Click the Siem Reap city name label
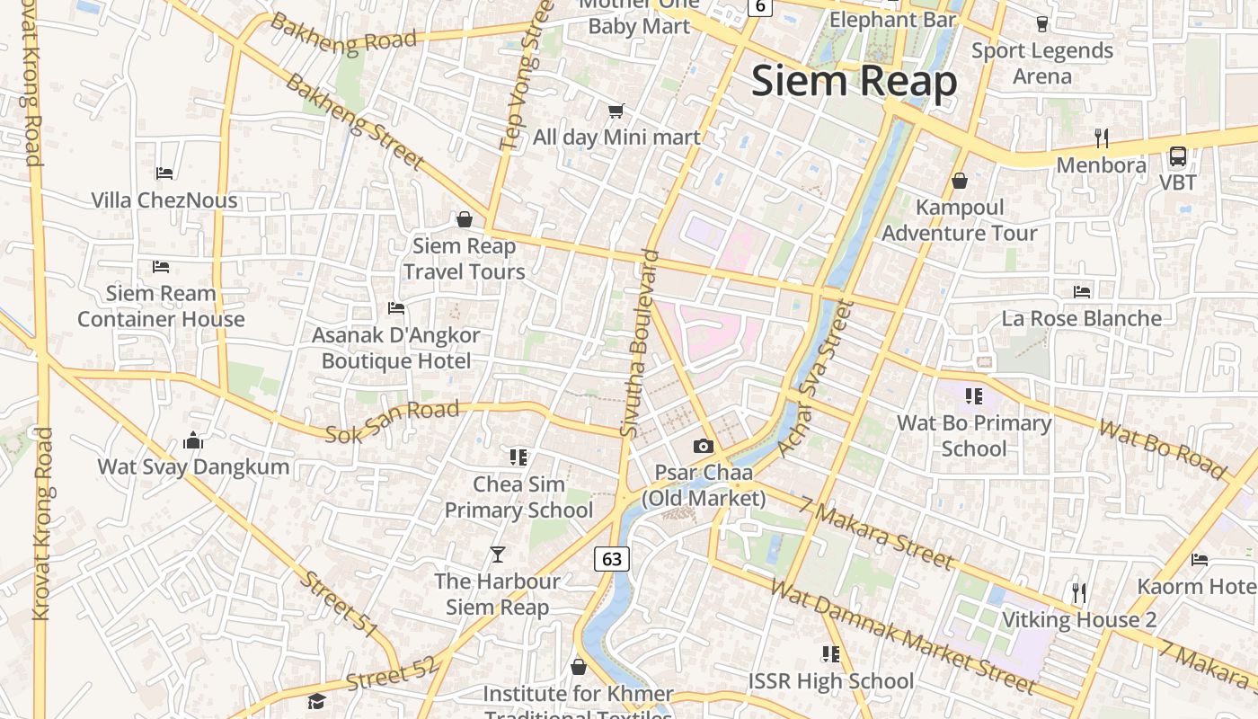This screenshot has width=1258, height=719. tap(854, 81)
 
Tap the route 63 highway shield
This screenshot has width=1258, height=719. tap(611, 559)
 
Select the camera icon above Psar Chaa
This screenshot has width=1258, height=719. tap(703, 446)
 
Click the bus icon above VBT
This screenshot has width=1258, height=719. tap(1177, 156)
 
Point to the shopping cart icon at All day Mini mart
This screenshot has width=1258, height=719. tap(616, 111)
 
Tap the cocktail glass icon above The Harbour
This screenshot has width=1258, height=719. tap(497, 554)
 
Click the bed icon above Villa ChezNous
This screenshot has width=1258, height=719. tap(164, 173)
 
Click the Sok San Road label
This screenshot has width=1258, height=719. tap(392, 422)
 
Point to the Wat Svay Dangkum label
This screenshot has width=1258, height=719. tap(193, 466)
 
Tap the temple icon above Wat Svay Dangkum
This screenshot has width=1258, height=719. tap(193, 440)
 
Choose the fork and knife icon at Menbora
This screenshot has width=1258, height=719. tap(1102, 138)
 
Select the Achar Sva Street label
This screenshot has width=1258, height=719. tap(814, 378)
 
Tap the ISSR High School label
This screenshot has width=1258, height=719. tap(830, 681)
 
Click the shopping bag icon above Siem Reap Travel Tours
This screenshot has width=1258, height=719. tap(465, 219)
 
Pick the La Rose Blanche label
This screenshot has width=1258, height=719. tap(1081, 318)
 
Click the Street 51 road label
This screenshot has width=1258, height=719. tap(338, 603)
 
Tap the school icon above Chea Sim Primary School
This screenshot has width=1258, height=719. tap(518, 457)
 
